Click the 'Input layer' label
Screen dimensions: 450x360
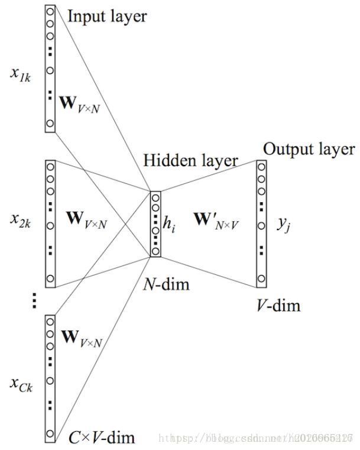pos(106,16)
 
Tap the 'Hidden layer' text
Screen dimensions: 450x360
pos(190,160)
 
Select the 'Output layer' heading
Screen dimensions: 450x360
pos(309,149)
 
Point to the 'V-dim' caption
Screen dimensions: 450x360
pos(277,305)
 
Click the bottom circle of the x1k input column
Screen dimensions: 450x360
pos(50,123)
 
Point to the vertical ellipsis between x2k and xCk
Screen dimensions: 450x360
pos(34,301)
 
